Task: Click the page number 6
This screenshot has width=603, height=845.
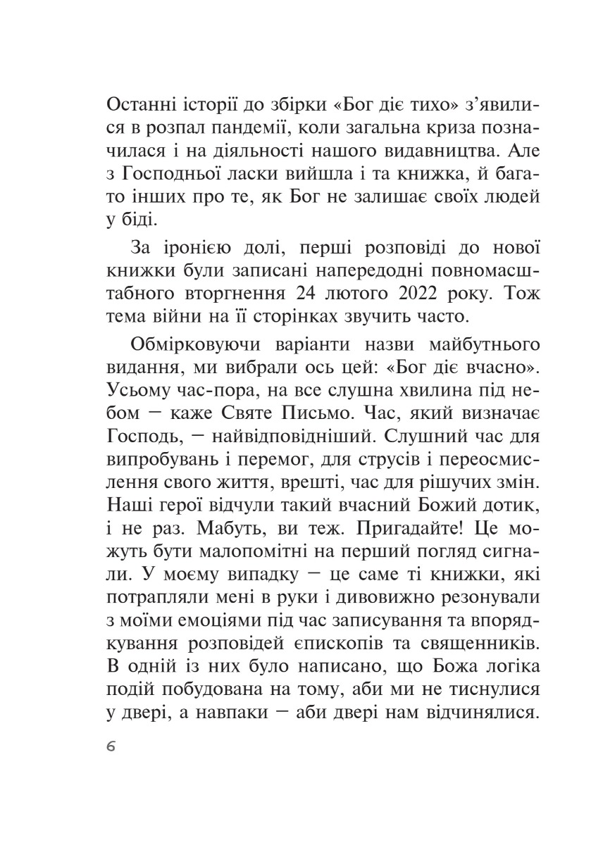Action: tap(111, 747)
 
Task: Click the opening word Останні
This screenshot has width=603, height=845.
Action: tap(143, 107)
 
